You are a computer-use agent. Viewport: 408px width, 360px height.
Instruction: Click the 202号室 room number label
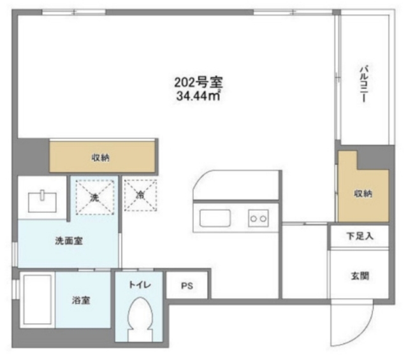pyautogui.click(x=198, y=83)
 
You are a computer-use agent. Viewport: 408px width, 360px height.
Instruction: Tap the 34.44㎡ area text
pyautogui.click(x=198, y=96)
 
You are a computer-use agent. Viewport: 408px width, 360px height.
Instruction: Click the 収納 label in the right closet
pyautogui.click(x=363, y=193)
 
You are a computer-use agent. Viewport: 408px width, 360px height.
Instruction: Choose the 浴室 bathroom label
pyautogui.click(x=80, y=299)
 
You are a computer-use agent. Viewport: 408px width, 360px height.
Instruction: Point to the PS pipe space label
pyautogui.click(x=186, y=287)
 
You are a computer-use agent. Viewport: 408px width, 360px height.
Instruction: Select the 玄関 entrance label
pyautogui.click(x=360, y=277)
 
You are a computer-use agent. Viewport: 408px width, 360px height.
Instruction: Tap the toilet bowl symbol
pyautogui.click(x=140, y=317)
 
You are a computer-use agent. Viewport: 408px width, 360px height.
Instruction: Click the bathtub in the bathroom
pyautogui.click(x=36, y=302)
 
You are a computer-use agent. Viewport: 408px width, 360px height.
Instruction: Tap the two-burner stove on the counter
pyautogui.click(x=258, y=219)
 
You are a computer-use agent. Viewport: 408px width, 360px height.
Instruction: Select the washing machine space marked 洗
pyautogui.click(x=94, y=196)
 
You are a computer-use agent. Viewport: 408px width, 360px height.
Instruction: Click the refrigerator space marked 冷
pyautogui.click(x=140, y=195)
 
